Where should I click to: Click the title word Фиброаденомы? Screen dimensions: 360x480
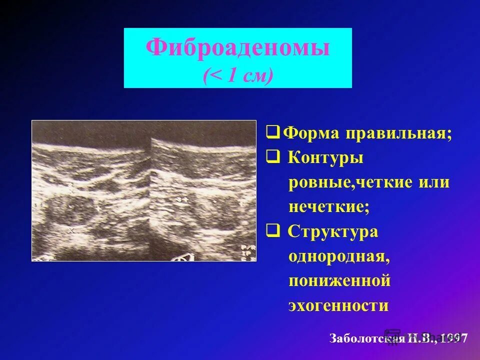(237, 48)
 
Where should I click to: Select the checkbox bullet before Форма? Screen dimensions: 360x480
(272, 133)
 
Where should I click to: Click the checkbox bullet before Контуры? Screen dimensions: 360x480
(272, 157)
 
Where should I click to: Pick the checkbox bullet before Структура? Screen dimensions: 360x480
(272, 230)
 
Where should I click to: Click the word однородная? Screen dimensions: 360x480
(338, 256)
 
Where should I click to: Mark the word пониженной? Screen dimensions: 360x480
(339, 280)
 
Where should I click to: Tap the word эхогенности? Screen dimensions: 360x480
(338, 305)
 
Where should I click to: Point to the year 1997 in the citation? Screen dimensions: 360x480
(453, 338)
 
